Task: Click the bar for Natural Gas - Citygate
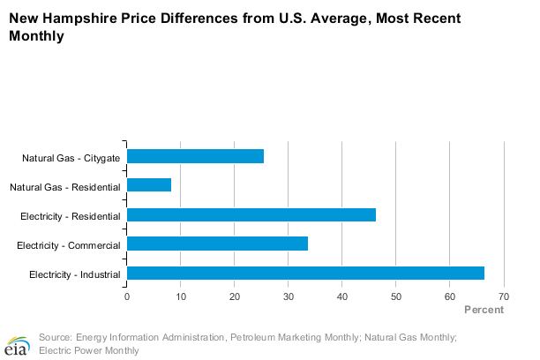pos(195,156)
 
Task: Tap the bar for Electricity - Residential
pos(251,214)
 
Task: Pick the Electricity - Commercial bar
pos(217,244)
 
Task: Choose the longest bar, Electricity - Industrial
pos(305,273)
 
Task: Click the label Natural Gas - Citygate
pos(71,158)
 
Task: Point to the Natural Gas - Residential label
pos(65,187)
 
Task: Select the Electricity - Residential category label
pos(70,216)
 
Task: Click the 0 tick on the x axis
pos(127,296)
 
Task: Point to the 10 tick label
pos(181,296)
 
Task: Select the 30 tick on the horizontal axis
pos(289,296)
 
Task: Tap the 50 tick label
pos(396,296)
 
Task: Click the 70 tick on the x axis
pos(504,296)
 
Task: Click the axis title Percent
pos(484,310)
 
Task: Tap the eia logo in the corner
pos(17,343)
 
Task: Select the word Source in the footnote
pos(56,337)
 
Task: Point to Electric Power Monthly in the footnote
pos(89,350)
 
